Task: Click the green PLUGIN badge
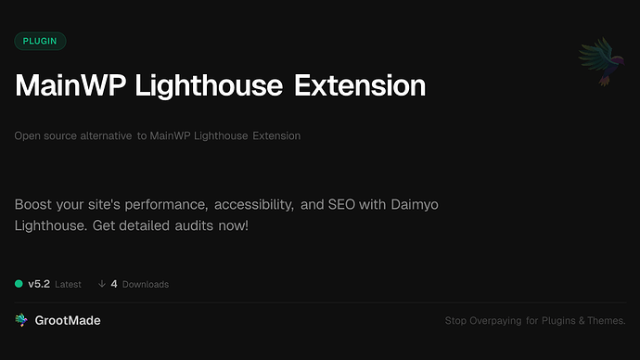coord(40,41)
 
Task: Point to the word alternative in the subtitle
coord(104,136)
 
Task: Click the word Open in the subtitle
coord(28,136)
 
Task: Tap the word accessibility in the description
coord(253,203)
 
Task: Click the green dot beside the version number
coord(19,284)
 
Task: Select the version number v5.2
coord(39,284)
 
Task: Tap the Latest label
coord(68,284)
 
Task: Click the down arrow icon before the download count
coord(101,284)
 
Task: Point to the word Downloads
coord(146,284)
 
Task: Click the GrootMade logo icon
coord(20,320)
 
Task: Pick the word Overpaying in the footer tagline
coord(506,321)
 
